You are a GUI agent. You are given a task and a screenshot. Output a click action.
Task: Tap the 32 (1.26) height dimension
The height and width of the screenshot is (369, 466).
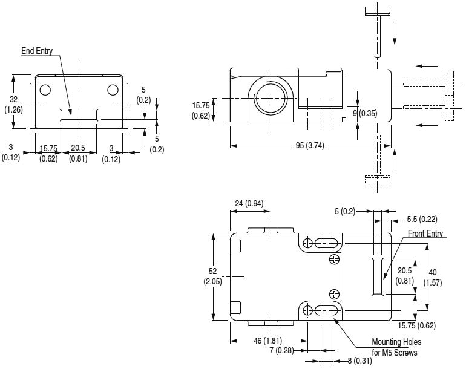pyautogui.click(x=13, y=105)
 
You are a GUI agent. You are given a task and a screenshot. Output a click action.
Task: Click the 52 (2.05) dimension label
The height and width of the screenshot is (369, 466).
pyautogui.click(x=212, y=277)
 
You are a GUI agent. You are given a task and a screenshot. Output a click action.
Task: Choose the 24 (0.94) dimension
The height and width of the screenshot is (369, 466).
pyautogui.click(x=250, y=203)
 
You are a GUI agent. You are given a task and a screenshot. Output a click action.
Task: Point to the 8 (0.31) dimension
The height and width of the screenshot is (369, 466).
pyautogui.click(x=359, y=361)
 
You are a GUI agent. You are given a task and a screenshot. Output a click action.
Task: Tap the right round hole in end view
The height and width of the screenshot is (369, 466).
pyautogui.click(x=113, y=90)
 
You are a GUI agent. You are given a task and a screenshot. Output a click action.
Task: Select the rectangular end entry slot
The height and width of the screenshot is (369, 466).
pyautogui.click(x=79, y=114)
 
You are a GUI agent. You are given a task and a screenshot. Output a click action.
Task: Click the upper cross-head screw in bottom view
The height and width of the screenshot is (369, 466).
pyautogui.click(x=333, y=260)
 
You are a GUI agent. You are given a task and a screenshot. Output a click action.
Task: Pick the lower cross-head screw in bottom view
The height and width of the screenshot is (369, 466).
pyautogui.click(x=333, y=294)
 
